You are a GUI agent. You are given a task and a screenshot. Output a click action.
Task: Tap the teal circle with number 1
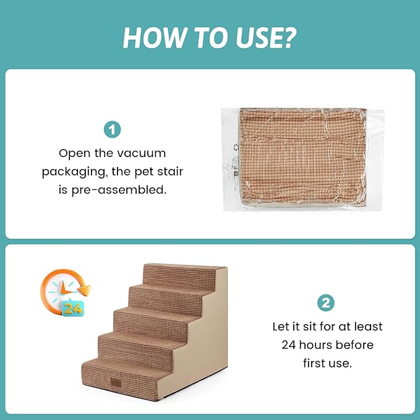point(112,130)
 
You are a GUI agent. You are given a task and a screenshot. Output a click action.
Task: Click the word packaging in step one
point(73,171)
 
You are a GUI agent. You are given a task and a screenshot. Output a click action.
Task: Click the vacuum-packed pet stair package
point(302,160)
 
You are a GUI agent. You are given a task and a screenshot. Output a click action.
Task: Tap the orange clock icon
point(66,293)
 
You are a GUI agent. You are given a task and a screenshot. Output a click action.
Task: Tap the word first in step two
point(314,363)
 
